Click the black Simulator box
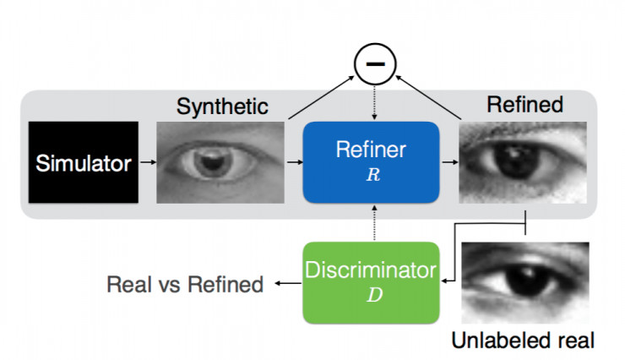tap(83, 162)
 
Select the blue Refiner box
tap(371, 162)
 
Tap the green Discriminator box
tap(371, 281)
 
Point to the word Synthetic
tap(222, 106)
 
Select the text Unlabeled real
tap(523, 341)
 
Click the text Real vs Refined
tap(185, 285)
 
